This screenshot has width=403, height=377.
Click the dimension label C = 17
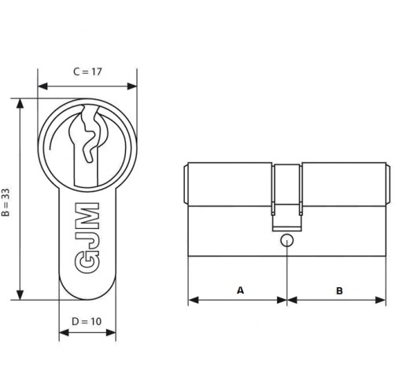[87, 72]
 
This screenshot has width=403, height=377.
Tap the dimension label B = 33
[6, 202]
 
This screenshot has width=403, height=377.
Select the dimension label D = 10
[87, 321]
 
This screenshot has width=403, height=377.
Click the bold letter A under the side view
[240, 290]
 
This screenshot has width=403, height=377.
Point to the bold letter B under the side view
[339, 290]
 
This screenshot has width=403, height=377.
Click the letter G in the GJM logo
[87, 263]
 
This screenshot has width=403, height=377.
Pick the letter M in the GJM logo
[87, 216]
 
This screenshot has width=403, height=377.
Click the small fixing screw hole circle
[287, 240]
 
